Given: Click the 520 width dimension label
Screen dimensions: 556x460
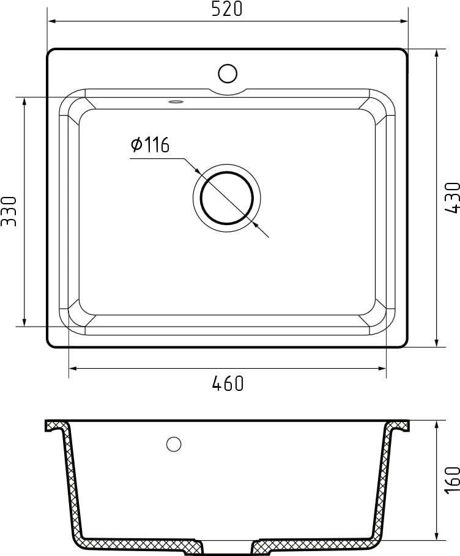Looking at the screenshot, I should [x=227, y=9].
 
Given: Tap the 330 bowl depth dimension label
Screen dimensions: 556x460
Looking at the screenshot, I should [x=9, y=211].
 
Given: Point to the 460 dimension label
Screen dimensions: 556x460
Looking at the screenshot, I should [x=228, y=384].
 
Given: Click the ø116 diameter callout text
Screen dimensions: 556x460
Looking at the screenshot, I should [x=150, y=145].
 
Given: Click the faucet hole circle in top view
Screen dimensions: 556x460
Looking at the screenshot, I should [x=228, y=73].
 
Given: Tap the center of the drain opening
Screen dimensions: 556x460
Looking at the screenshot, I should [x=227, y=198].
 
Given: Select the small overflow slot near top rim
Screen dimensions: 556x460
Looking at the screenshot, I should [x=176, y=101].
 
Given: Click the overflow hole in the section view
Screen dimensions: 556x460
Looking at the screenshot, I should [x=174, y=445].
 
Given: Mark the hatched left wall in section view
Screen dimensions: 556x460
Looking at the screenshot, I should [x=73, y=483].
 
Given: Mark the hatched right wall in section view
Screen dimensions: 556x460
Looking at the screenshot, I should [x=382, y=483].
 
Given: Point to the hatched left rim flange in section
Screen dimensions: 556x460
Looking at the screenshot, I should [x=56, y=424].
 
